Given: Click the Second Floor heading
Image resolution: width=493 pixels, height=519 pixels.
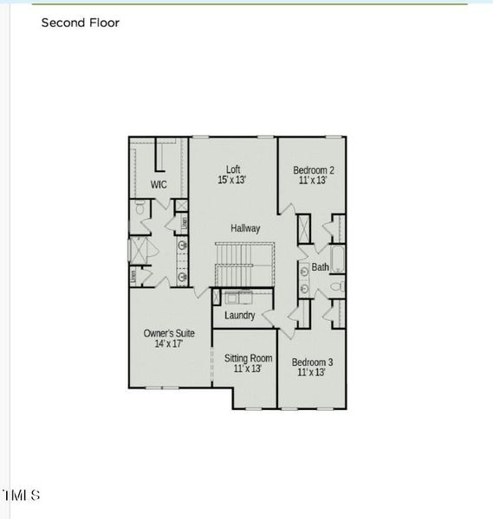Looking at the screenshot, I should click(81, 23).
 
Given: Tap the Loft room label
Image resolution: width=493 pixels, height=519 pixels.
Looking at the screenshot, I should click(233, 170).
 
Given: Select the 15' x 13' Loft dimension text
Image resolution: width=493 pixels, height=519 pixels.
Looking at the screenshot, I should click(232, 181).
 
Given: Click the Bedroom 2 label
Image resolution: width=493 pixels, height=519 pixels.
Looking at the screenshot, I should click(313, 170).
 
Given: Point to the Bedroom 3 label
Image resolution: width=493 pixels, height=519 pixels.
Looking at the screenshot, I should click(312, 362).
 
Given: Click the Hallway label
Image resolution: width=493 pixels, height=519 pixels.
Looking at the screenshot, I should click(245, 228).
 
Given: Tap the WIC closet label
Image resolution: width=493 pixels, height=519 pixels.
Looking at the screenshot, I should click(159, 185).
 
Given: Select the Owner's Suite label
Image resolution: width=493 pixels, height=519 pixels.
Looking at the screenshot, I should click(169, 333).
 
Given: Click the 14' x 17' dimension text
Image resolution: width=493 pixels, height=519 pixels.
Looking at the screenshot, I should click(169, 344).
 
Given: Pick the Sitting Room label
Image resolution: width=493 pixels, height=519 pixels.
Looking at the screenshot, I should click(248, 358).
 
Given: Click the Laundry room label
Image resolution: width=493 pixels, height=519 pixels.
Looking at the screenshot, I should click(239, 316).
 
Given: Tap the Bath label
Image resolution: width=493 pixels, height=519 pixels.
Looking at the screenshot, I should click(320, 267).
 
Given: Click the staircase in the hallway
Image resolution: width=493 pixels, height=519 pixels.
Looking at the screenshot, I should click(243, 264).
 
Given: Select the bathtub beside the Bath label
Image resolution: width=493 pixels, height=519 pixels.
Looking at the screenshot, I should click(336, 260).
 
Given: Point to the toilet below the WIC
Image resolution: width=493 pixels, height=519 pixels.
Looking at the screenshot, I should click(140, 208).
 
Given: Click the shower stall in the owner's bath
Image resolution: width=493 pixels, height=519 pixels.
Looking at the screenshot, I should click(139, 249).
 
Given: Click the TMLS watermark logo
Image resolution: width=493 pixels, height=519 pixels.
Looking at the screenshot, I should click(21, 496).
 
